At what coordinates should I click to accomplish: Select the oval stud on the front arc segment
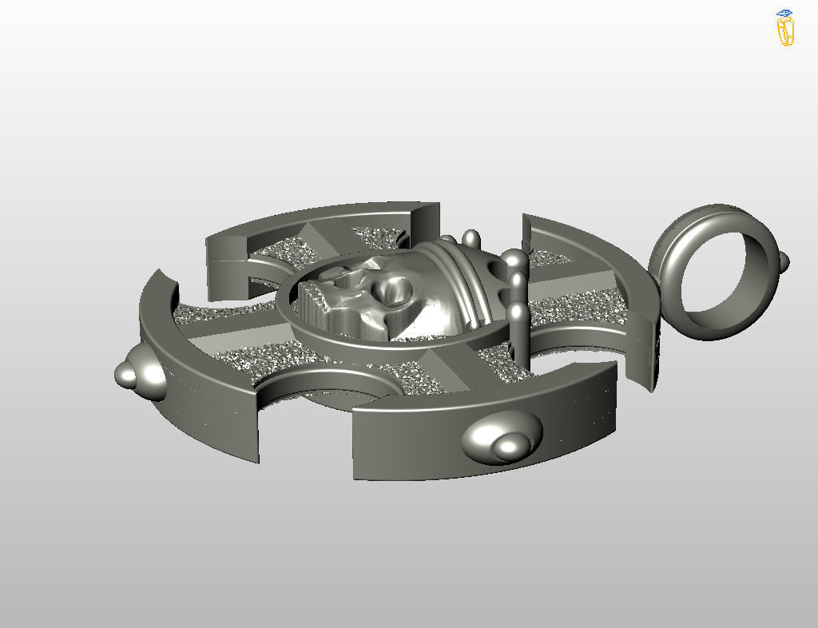[x=502, y=436]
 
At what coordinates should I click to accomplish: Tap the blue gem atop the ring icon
[x=784, y=14]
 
